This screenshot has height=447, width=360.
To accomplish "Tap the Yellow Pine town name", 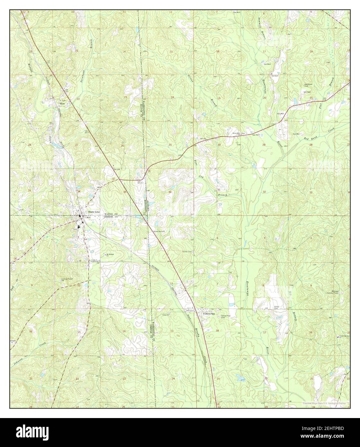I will coord(208,314).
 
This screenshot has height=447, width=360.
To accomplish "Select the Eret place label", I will coord(63,104).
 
